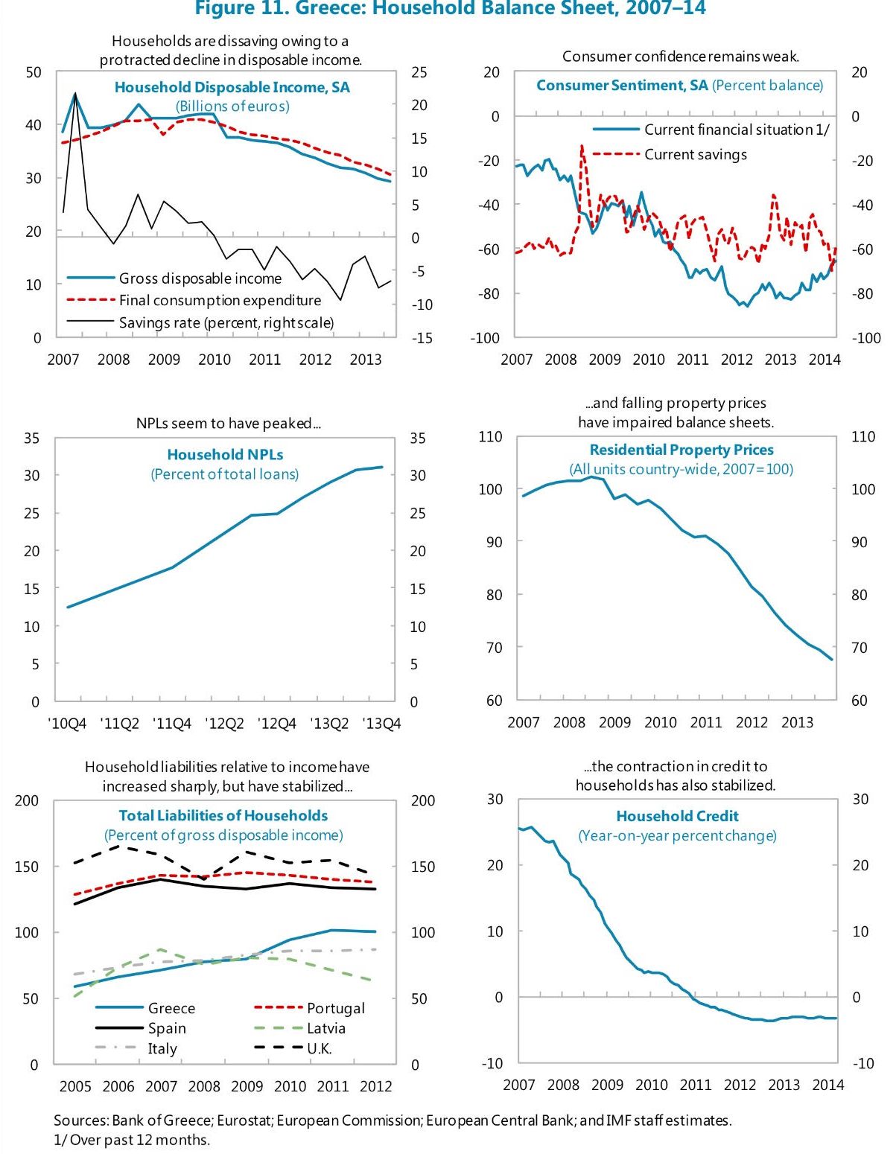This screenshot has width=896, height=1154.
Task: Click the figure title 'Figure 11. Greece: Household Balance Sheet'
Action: (x=450, y=9)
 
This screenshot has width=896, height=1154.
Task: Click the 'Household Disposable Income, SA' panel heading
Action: (x=232, y=87)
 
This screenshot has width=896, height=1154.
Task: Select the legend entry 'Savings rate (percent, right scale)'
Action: (x=226, y=322)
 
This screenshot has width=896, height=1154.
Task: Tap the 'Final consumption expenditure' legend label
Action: (x=220, y=300)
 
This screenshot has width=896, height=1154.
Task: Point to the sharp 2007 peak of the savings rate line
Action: (x=75, y=95)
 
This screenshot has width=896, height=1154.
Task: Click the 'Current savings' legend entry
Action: (x=695, y=154)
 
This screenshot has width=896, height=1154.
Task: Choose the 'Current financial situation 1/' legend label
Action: (x=736, y=130)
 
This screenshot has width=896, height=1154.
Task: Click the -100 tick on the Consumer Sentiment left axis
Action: (x=485, y=337)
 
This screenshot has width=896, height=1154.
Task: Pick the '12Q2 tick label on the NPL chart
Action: (x=224, y=724)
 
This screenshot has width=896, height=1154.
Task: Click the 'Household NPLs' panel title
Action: (x=225, y=454)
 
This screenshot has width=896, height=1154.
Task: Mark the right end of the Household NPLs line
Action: (x=382, y=467)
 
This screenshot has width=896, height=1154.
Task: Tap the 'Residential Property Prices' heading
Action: (x=681, y=450)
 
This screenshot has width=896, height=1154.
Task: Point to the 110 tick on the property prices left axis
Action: (x=490, y=437)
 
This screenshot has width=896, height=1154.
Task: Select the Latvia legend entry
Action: (x=325, y=1028)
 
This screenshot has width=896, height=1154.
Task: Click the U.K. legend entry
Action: (x=319, y=1048)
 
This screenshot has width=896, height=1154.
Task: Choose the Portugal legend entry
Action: (x=335, y=1008)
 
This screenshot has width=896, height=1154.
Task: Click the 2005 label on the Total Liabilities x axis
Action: (x=75, y=1086)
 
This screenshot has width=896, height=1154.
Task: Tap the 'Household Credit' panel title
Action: (x=677, y=816)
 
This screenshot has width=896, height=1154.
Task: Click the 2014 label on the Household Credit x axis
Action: (x=827, y=1085)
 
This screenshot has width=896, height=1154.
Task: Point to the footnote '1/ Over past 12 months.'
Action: (x=132, y=1140)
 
